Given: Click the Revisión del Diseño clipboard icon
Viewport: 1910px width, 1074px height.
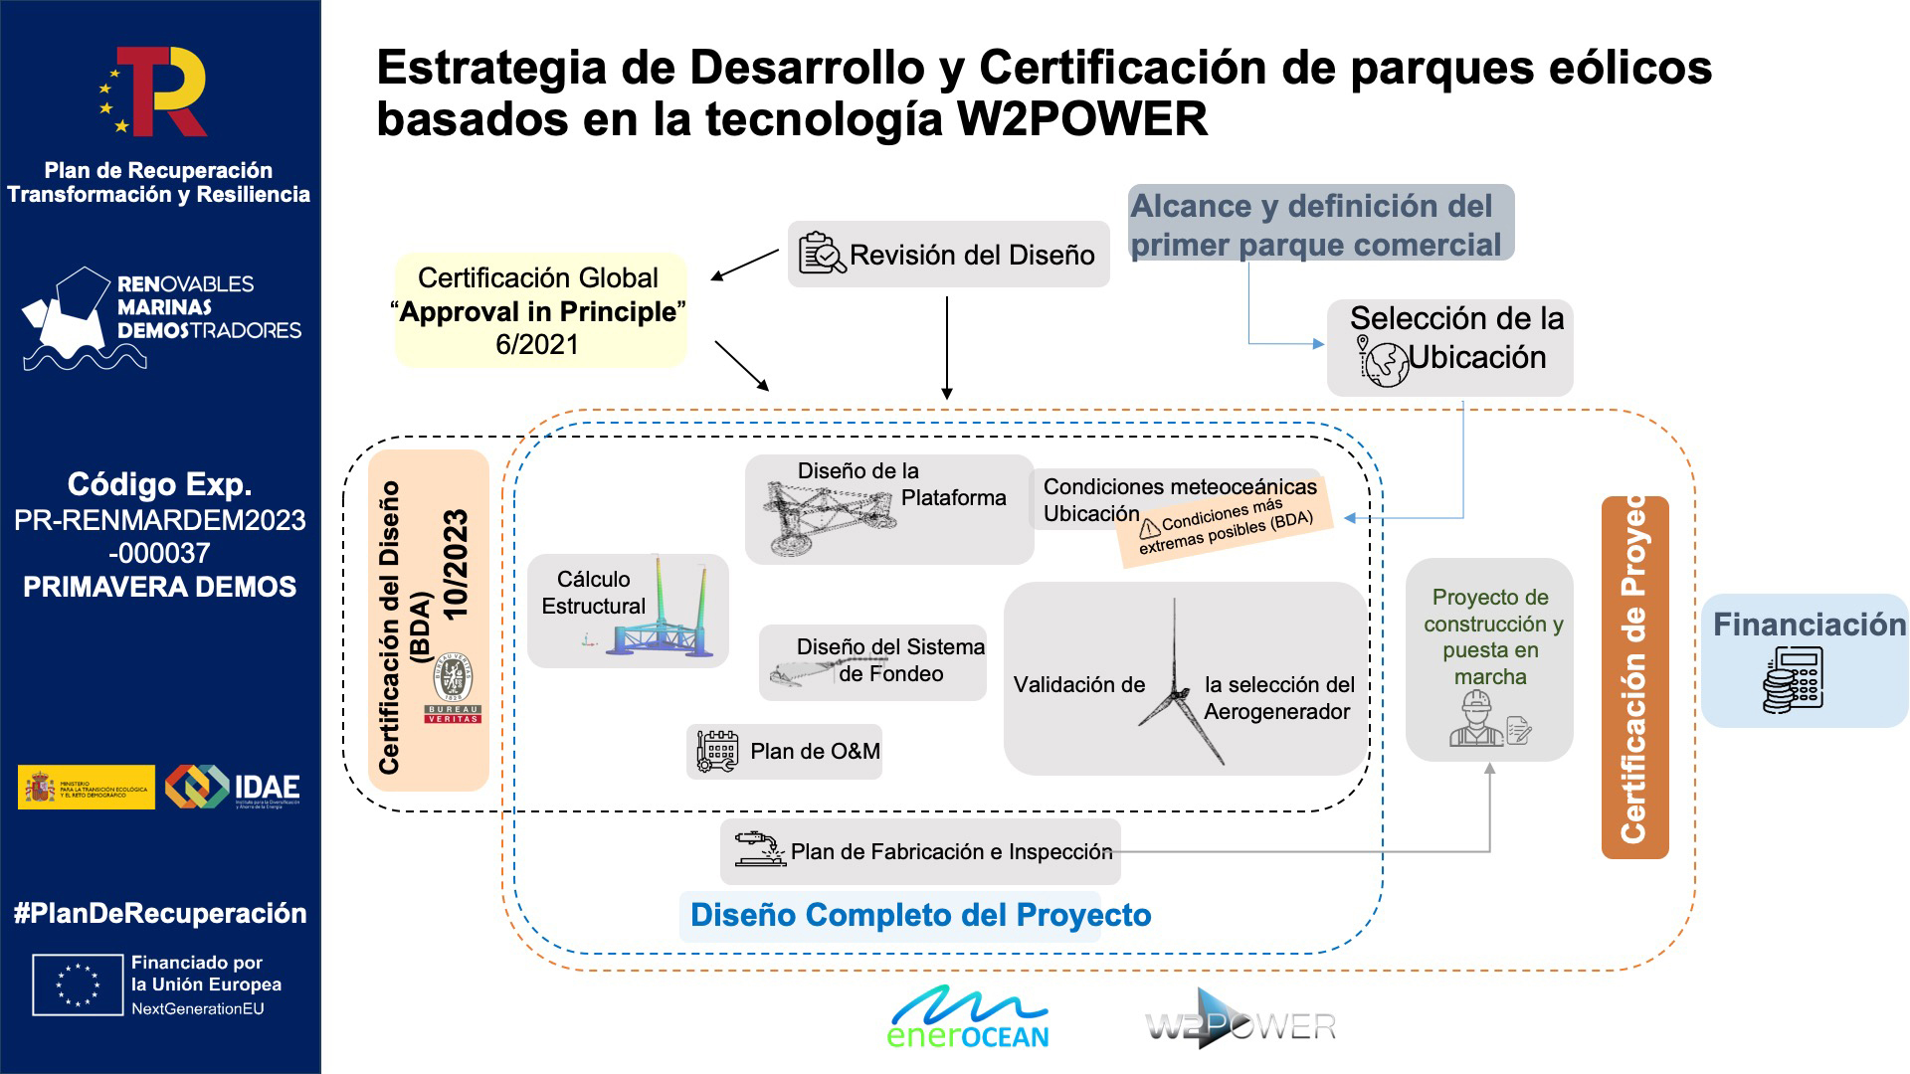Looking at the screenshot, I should click(822, 254).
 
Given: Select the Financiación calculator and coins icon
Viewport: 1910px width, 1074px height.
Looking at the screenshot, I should click(1793, 680).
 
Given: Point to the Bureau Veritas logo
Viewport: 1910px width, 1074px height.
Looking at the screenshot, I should click(453, 687).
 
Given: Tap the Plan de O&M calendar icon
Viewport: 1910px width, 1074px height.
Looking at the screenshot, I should click(717, 752).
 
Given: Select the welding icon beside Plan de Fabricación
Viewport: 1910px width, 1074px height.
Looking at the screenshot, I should click(760, 848).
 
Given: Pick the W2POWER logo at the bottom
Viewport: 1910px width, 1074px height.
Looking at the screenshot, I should click(1240, 1022).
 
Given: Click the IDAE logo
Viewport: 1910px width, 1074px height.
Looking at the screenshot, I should click(233, 787).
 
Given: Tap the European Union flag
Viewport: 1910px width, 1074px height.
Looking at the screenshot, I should click(79, 984).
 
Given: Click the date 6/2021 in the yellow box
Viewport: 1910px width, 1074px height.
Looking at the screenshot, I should click(537, 344).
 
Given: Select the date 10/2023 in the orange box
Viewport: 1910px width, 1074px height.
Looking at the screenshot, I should click(456, 565).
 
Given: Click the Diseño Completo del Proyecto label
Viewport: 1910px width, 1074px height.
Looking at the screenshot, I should click(920, 915).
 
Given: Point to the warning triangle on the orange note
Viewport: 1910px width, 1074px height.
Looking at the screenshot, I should click(1150, 527).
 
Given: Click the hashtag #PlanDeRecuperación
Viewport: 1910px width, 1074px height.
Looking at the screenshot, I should click(160, 914).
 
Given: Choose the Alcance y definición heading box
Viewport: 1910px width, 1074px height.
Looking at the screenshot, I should click(1320, 224).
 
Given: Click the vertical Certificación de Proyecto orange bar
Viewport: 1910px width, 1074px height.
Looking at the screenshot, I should click(1634, 676).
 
